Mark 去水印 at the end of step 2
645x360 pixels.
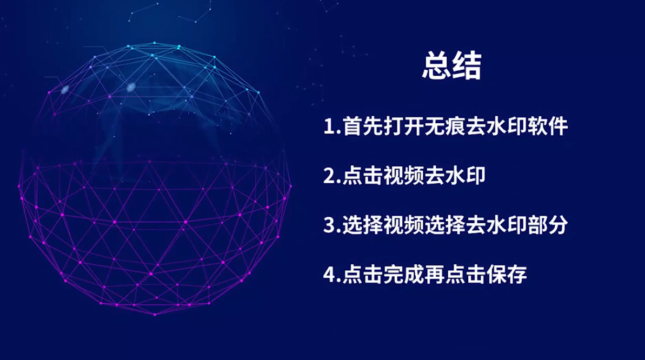455,177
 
